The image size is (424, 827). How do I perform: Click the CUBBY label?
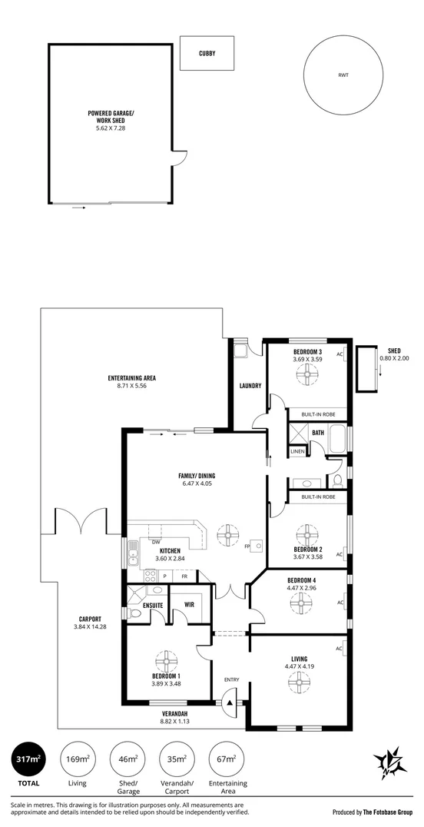coord(207,53)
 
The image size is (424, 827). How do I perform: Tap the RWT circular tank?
coord(343,75)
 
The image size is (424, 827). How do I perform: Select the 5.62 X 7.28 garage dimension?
coord(111,127)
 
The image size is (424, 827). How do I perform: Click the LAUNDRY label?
coord(250,386)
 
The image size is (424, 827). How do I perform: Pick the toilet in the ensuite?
coord(135,613)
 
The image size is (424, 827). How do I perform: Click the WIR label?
coord(189,604)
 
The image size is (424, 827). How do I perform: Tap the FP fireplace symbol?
coord(257,545)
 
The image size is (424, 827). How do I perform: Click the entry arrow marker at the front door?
coord(230,702)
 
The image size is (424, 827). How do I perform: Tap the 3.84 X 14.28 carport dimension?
coord(88,626)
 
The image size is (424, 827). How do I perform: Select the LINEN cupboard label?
coord(297,452)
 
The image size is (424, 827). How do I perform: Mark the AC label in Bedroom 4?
coord(340,603)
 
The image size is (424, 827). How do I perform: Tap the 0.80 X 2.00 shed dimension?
coord(395,358)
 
